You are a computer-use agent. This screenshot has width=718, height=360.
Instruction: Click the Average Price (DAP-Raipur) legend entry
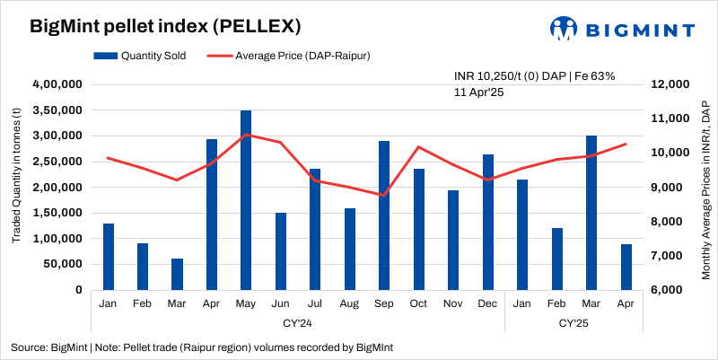[292, 56]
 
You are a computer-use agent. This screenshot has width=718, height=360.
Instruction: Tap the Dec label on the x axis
[487, 303]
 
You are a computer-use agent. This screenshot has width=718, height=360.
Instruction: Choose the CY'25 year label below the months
[574, 321]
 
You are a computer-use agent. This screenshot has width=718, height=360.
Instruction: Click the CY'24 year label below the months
[298, 321]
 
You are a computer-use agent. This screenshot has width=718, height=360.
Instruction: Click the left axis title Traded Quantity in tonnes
[16, 176]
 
